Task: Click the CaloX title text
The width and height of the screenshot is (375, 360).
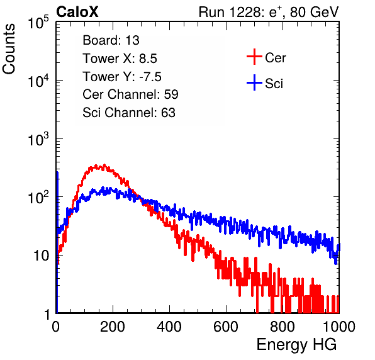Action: click(x=77, y=12)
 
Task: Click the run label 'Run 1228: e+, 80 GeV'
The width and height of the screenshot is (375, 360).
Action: click(x=269, y=12)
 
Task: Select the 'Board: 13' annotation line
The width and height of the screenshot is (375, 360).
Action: click(x=111, y=40)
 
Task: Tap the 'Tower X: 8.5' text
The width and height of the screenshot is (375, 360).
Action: click(x=120, y=59)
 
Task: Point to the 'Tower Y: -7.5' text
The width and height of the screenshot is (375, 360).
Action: click(x=122, y=77)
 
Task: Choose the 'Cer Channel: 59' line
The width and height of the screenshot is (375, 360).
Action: click(x=130, y=94)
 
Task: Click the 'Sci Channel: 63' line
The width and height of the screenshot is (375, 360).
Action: click(x=129, y=113)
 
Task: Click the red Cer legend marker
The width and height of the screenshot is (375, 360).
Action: click(x=254, y=57)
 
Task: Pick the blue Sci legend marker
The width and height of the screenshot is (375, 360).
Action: click(x=254, y=83)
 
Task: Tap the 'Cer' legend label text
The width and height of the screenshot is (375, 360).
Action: click(x=275, y=58)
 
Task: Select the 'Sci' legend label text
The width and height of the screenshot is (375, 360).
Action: click(x=274, y=84)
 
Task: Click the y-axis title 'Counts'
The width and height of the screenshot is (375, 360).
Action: click(x=9, y=49)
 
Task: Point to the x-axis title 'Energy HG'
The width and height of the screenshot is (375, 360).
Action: click(x=296, y=345)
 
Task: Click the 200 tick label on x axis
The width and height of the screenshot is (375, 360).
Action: click(x=113, y=327)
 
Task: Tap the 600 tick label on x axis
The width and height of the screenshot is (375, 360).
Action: click(x=226, y=327)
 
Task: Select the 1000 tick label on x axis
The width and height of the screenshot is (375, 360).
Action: click(x=339, y=327)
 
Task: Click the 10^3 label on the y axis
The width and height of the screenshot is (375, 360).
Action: click(x=39, y=139)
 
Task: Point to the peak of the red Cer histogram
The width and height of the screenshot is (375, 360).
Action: click(x=104, y=165)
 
